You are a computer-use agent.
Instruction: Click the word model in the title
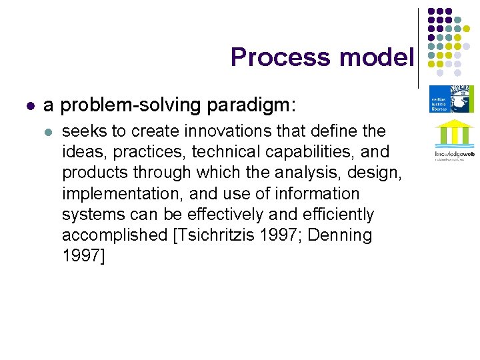click(x=377, y=57)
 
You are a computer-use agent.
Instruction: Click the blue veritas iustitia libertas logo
click(x=451, y=99)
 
